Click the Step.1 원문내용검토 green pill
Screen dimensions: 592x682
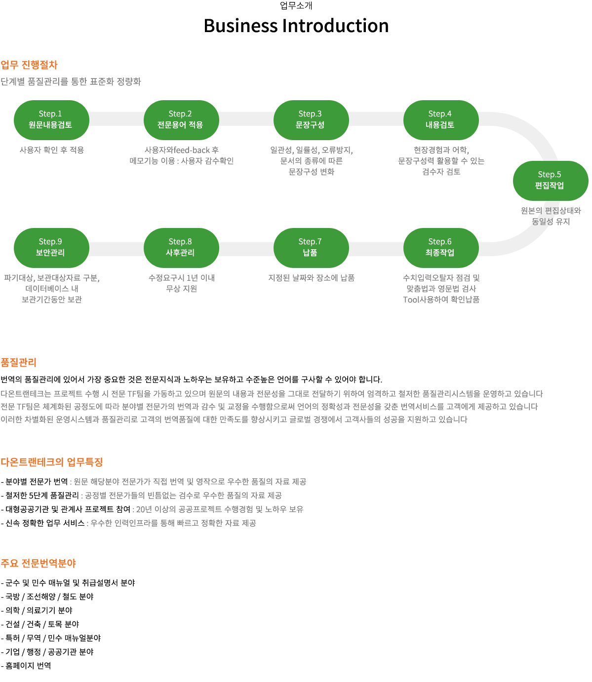click(x=51, y=120)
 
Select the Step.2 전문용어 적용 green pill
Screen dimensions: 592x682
click(x=181, y=120)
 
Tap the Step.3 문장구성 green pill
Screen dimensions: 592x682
click(x=311, y=120)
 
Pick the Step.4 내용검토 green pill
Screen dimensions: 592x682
click(x=440, y=120)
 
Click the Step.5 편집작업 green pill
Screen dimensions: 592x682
click(x=551, y=181)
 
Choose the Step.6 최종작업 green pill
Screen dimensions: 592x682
click(x=440, y=248)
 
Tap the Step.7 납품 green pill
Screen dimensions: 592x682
click(x=311, y=248)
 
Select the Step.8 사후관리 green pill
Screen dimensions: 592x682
click(x=181, y=248)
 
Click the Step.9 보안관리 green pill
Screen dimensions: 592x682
click(x=51, y=248)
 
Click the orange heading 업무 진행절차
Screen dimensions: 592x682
click(x=29, y=65)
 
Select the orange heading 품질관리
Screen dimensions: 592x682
click(x=18, y=362)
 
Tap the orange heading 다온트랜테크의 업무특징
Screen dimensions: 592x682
click(x=52, y=462)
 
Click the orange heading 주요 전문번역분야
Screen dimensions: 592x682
click(x=38, y=563)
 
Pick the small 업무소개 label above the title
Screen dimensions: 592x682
click(x=296, y=5)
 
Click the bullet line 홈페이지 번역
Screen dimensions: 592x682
click(x=26, y=665)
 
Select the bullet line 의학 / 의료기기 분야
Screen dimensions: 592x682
click(x=37, y=610)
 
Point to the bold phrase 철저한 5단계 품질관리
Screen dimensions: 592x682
click(x=42, y=495)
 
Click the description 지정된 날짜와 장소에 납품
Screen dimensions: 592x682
click(x=311, y=278)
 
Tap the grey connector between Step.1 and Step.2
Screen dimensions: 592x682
click(x=117, y=118)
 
